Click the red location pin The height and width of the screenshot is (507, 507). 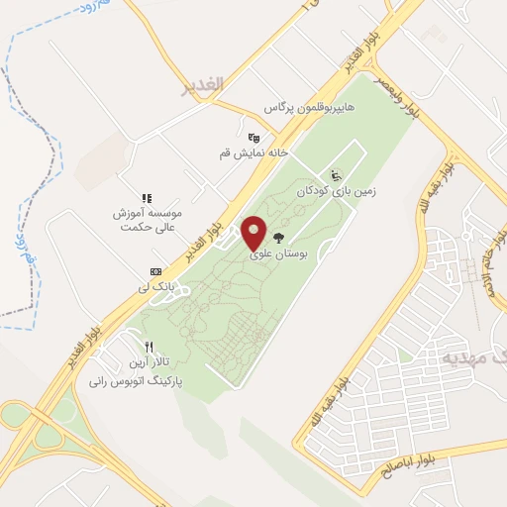pyautogui.click(x=254, y=233)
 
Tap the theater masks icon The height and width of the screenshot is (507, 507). pyautogui.click(x=253, y=139)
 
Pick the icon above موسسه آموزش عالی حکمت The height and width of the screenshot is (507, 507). pyautogui.click(x=147, y=198)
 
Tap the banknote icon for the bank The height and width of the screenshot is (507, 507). pyautogui.click(x=155, y=271)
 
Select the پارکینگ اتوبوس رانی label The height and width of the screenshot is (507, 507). pyautogui.click(x=137, y=379)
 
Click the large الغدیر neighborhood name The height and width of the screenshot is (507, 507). pyautogui.click(x=204, y=86)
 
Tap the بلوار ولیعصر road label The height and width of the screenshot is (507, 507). pyautogui.click(x=396, y=97)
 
